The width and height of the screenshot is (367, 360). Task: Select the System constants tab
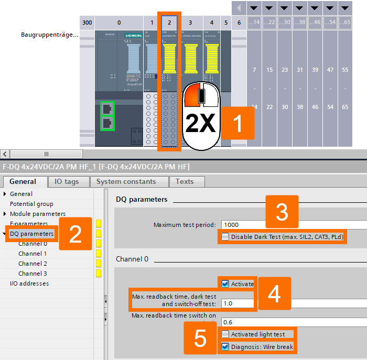click(x=129, y=182)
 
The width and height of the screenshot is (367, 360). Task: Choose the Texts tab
click(x=185, y=182)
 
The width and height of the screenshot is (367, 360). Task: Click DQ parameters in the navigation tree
click(x=31, y=234)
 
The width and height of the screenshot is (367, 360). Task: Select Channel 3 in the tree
click(x=33, y=274)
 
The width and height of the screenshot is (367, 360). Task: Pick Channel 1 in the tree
click(x=33, y=254)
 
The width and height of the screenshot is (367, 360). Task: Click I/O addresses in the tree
click(x=29, y=283)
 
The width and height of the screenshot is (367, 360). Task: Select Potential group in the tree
click(x=31, y=204)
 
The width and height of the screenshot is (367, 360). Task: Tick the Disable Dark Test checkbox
click(x=225, y=237)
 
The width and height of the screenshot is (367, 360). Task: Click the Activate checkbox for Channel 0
click(x=225, y=284)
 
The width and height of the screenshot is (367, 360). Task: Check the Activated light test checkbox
click(x=225, y=334)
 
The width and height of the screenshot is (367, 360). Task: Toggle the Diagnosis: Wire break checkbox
click(x=225, y=346)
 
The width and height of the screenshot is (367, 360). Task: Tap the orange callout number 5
click(x=200, y=339)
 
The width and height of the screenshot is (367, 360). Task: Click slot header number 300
click(x=87, y=23)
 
